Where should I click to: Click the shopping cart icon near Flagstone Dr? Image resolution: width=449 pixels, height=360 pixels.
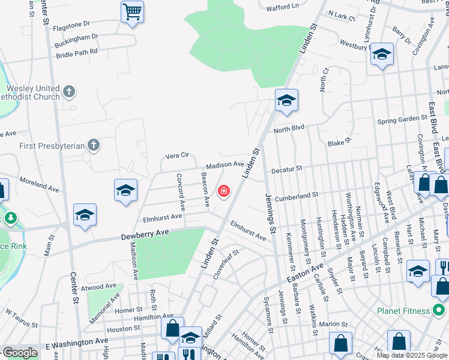[132, 11]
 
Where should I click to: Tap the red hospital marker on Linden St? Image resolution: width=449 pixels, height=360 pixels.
[224, 191]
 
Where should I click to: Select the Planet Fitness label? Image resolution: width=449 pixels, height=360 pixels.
[403, 310]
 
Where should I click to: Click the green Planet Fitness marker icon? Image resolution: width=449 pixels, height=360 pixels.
[439, 310]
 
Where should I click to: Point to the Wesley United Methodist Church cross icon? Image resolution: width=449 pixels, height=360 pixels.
[70, 92]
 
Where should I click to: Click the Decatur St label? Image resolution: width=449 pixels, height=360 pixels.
[286, 170]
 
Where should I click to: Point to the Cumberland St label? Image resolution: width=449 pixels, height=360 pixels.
[298, 196]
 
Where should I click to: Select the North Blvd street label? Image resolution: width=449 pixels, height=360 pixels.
[289, 128]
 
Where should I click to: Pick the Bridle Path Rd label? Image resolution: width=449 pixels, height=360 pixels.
[76, 52]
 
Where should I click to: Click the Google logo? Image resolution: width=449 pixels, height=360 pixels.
[19, 353]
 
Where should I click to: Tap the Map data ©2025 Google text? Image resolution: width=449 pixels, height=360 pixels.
[412, 355]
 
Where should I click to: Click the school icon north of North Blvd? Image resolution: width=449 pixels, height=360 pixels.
[286, 100]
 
